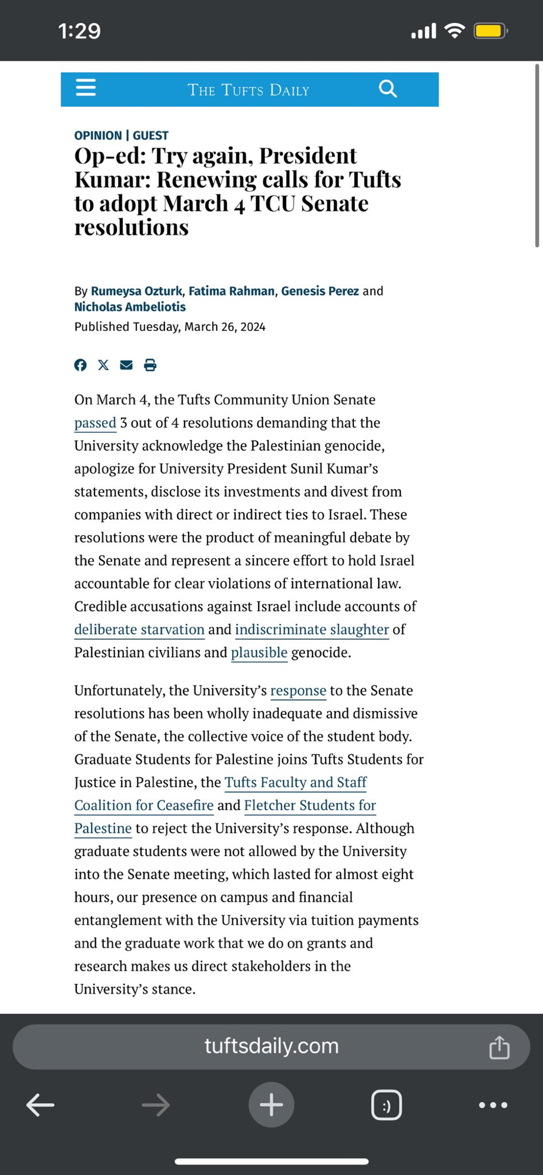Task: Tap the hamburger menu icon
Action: coord(86,88)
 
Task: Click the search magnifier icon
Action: coord(388,89)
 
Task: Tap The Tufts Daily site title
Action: coord(248,90)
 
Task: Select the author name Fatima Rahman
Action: coord(232,291)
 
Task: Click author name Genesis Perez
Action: coord(320,291)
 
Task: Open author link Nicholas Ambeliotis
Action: coord(130,307)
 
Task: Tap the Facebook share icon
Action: coord(81,365)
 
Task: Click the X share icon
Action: coord(103,365)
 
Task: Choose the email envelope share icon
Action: coord(126,365)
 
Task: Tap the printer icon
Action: coord(150,365)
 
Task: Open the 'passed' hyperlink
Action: coord(95,423)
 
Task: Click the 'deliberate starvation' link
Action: coord(139,629)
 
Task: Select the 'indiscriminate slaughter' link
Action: coord(312,629)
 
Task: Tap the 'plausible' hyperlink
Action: coord(259,652)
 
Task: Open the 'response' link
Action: coord(298,690)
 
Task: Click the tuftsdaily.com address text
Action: coord(271,1046)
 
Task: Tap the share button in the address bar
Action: coord(500,1047)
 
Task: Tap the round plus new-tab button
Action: coord(271,1105)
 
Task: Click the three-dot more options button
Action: coord(493,1105)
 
